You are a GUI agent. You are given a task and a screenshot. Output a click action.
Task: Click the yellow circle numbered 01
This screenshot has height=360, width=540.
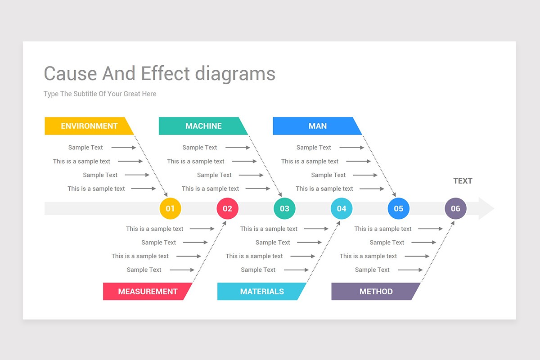click(x=170, y=209)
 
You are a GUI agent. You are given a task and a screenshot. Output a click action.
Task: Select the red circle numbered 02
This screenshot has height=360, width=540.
click(x=227, y=209)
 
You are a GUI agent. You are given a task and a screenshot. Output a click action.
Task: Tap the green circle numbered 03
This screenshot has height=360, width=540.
click(x=284, y=209)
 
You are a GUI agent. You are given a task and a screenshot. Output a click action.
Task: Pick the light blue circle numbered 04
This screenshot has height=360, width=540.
click(x=342, y=209)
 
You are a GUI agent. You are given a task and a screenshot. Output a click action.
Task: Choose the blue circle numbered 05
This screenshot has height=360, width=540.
click(x=399, y=209)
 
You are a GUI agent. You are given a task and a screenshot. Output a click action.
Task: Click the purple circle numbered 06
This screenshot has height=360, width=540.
click(x=455, y=209)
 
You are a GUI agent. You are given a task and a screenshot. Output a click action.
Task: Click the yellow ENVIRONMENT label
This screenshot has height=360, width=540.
click(x=89, y=126)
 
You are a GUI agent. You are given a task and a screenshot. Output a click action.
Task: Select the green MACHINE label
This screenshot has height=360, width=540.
click(x=203, y=126)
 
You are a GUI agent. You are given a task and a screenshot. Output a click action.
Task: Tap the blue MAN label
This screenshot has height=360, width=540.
click(x=317, y=126)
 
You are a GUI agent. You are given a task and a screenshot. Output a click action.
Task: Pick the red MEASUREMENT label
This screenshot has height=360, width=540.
click(x=148, y=292)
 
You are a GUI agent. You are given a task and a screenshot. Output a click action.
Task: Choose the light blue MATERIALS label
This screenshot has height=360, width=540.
click(x=262, y=292)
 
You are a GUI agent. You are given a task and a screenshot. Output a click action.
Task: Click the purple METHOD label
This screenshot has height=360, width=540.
click(x=376, y=292)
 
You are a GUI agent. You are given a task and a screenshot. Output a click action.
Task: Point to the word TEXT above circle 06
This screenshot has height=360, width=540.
click(x=463, y=181)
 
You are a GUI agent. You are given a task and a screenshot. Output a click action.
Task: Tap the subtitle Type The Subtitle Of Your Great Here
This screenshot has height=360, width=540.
click(x=100, y=94)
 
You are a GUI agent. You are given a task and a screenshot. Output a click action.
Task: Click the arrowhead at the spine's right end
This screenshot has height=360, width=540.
click(x=486, y=209)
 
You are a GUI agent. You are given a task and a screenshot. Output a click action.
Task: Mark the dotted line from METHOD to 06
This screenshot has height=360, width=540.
click(x=436, y=252)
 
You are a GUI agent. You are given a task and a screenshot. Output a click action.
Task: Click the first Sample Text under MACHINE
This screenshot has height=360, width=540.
click(x=199, y=148)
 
